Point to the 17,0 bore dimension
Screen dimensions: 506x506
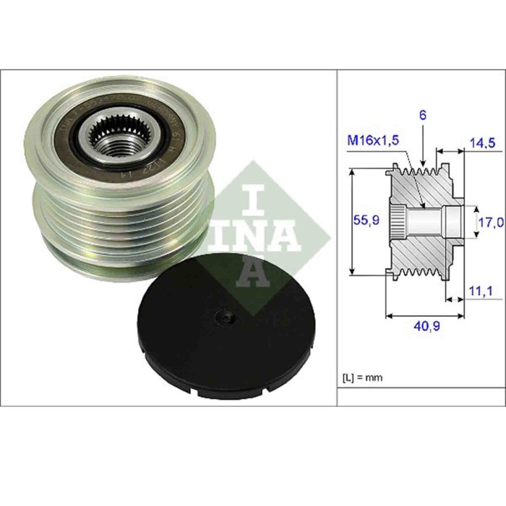pyautogui.click(x=491, y=223)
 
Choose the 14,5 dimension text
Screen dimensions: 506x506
pyautogui.click(x=481, y=144)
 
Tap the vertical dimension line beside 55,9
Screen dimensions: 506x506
pyautogui.click(x=351, y=222)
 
